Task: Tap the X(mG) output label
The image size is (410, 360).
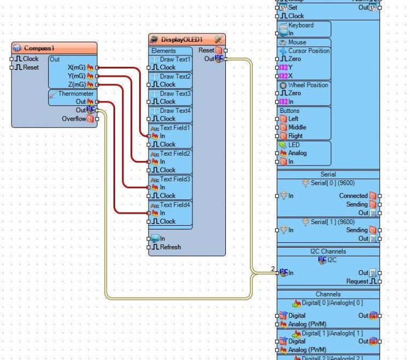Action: click(x=76, y=67)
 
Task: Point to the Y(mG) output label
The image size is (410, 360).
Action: click(x=76, y=76)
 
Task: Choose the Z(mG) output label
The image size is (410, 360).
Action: click(x=76, y=84)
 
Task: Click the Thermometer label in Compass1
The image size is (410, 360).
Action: click(x=76, y=94)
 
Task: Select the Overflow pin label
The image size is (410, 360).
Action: click(x=73, y=118)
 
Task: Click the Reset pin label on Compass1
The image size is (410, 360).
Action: click(x=31, y=67)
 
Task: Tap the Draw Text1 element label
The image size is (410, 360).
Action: click(x=175, y=59)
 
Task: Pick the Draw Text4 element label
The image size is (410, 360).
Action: click(x=175, y=111)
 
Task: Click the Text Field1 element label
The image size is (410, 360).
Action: click(x=175, y=128)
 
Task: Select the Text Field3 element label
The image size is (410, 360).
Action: click(x=175, y=179)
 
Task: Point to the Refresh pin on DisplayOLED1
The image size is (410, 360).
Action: click(x=170, y=247)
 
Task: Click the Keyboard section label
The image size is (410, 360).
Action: click(x=301, y=25)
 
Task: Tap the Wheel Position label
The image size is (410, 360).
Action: click(x=308, y=85)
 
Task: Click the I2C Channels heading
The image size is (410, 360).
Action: click(x=328, y=252)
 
